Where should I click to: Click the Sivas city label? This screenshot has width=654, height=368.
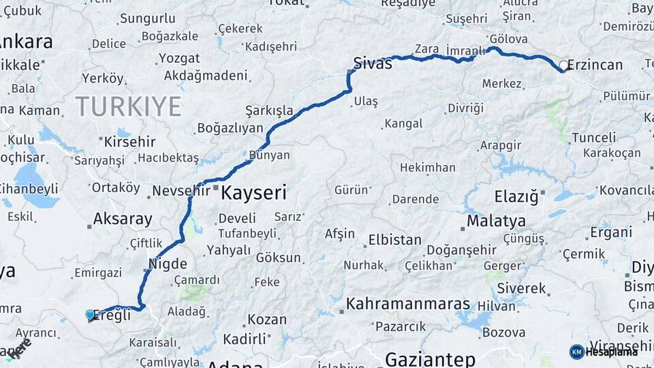point(373,63)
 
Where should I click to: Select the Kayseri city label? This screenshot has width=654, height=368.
point(253,193)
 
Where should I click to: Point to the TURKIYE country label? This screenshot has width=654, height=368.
point(128,106)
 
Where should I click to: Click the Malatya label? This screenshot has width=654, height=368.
point(496,221)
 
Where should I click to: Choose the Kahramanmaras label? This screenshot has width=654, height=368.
point(407,304)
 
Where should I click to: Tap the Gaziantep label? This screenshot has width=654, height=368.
point(429,358)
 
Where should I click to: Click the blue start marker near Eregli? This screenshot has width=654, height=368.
point(90,314)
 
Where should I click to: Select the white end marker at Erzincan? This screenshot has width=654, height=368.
point(563,66)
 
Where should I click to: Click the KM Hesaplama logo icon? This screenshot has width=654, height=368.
point(576,352)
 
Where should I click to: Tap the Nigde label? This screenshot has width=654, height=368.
point(167,263)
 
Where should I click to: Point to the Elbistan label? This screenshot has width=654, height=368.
point(394,240)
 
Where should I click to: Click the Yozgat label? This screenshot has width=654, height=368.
point(179,59)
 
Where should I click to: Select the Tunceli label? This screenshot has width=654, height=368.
point(593,138)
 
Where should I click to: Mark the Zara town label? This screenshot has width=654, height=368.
point(426,49)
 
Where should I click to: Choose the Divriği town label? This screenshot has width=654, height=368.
point(465,108)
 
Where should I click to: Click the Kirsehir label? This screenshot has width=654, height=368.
point(129,142)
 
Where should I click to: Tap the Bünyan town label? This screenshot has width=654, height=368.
point(270,155)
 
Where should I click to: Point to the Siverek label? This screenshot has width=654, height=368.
point(521,288)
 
